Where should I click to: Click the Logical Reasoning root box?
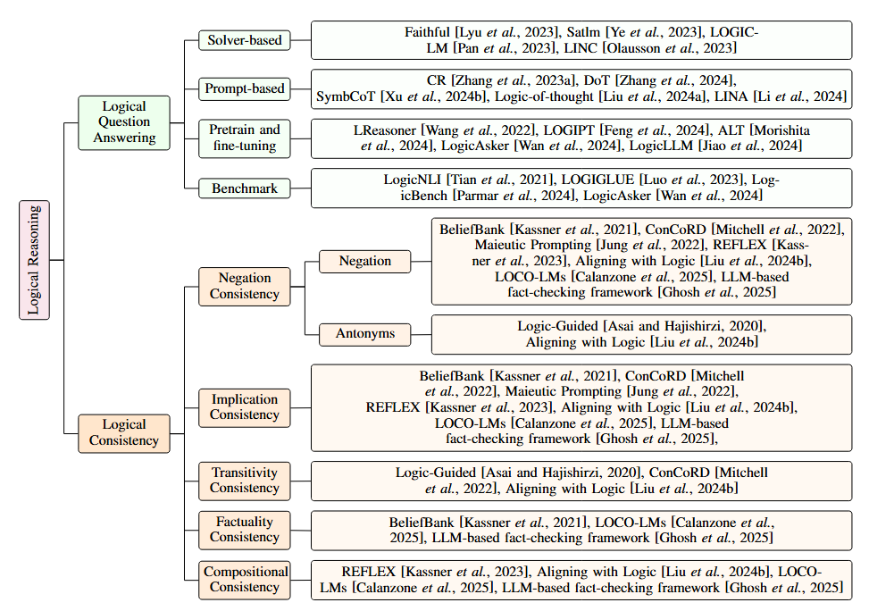pos(34,259)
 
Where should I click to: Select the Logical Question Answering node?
pos(124,121)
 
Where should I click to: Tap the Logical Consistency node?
pos(124,432)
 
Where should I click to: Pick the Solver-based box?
pos(244,40)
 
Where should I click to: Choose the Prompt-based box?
pos(244,88)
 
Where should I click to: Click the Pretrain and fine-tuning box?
pos(244,138)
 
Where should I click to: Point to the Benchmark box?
pos(244,188)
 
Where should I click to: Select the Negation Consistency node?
pos(244,286)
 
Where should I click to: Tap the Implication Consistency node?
pos(244,406)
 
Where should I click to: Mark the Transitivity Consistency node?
pos(244,481)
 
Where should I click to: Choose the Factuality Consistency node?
pos(244,529)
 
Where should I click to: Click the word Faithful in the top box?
pos(428,32)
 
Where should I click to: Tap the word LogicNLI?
pos(411,180)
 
